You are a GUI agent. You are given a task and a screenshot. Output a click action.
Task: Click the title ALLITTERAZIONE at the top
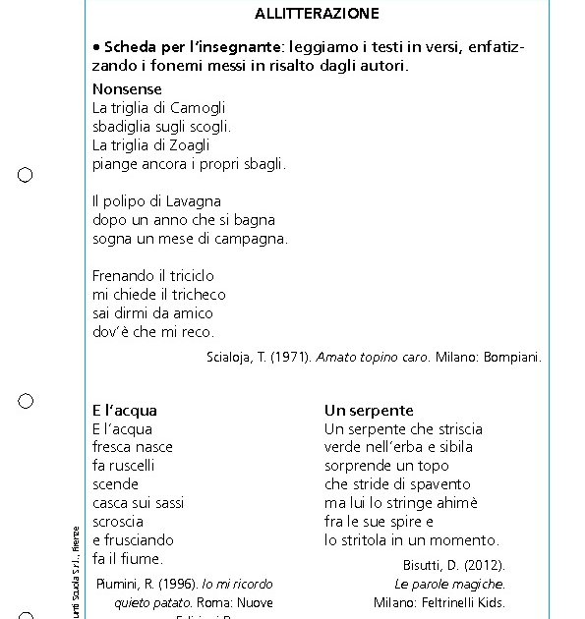(317, 14)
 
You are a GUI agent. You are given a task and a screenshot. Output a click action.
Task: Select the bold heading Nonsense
(127, 89)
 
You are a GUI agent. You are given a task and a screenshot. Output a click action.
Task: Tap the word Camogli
(198, 108)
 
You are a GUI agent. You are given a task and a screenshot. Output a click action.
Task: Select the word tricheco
(194, 295)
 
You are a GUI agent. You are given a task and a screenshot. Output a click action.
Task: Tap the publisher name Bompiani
(511, 358)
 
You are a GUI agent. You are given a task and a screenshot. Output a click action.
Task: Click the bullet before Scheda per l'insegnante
(96, 47)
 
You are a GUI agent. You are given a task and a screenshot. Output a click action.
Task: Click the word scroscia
(118, 522)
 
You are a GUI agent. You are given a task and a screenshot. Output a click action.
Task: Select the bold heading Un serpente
(369, 411)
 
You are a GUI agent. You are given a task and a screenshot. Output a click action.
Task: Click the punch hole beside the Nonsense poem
(26, 175)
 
